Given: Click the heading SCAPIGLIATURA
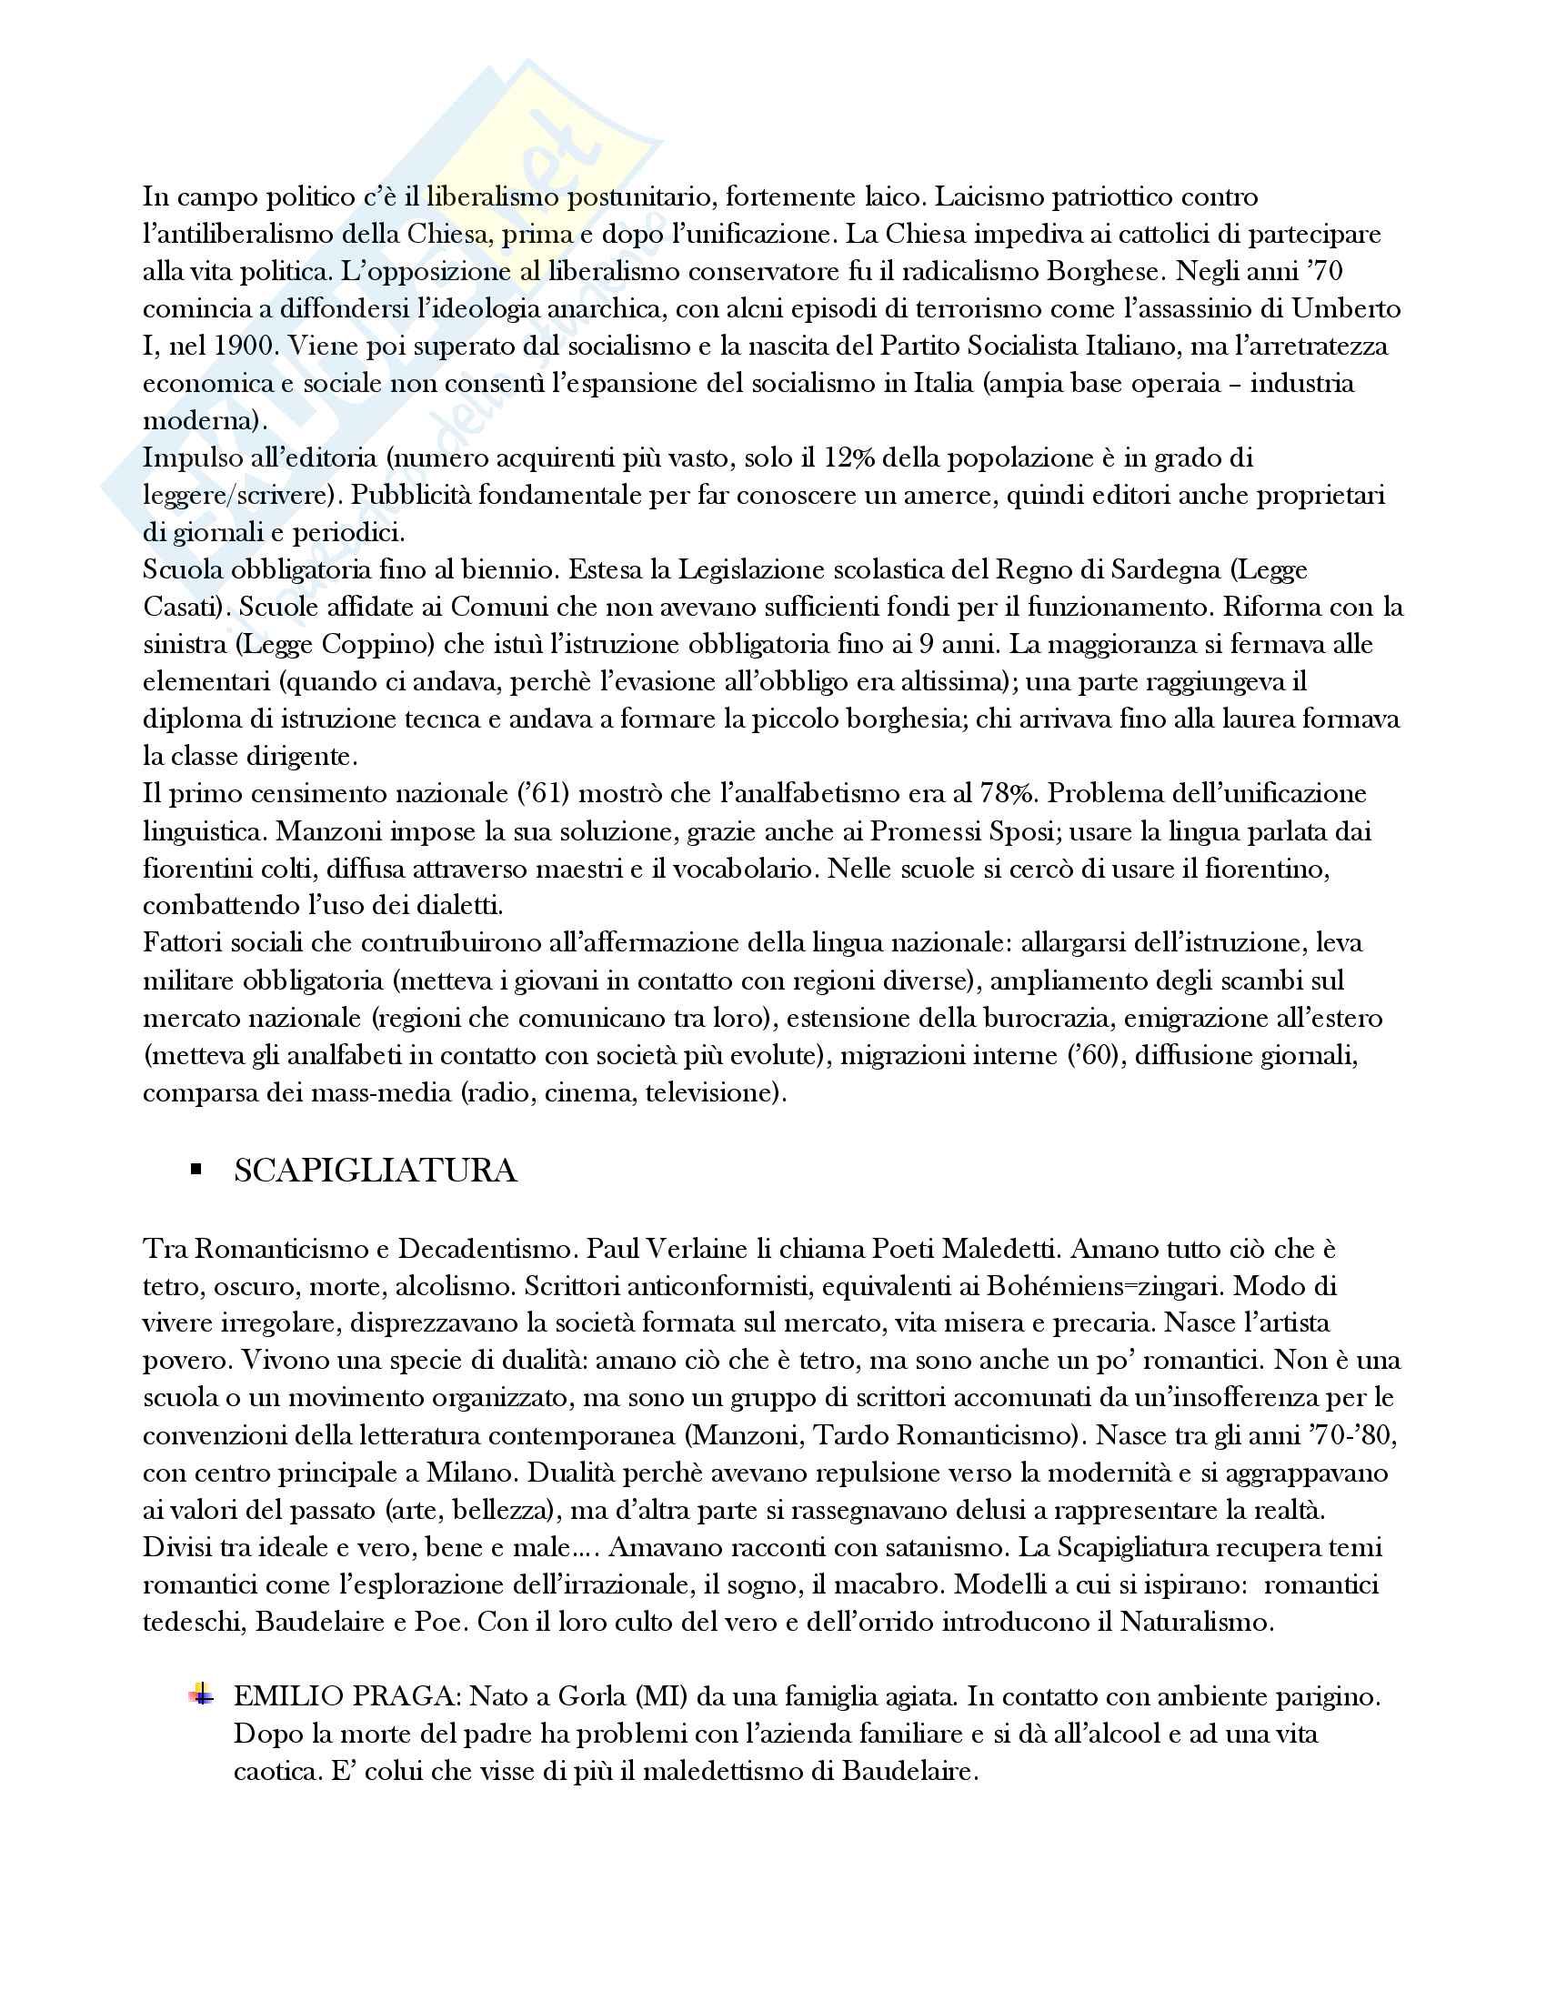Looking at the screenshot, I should coord(375,1171).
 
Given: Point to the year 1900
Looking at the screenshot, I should coord(246,347).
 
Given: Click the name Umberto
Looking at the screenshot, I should coord(1345,308).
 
